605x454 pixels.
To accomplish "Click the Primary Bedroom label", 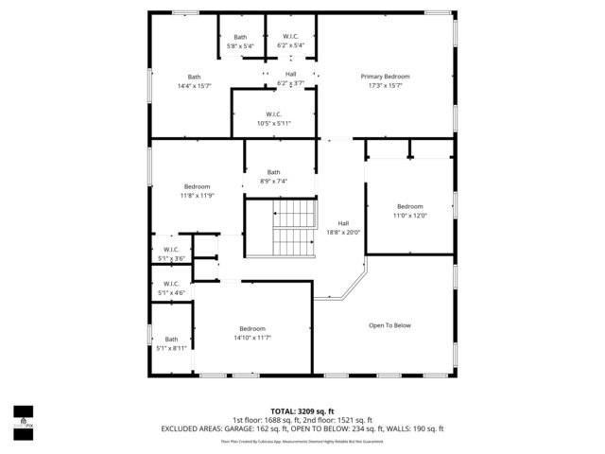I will tap(385, 76).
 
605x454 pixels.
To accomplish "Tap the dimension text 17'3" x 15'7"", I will tap(385, 86).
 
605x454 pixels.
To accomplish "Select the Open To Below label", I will tap(389, 325).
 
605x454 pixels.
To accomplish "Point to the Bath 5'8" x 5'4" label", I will tap(240, 42).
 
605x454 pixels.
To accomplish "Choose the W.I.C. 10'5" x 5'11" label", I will tap(274, 118).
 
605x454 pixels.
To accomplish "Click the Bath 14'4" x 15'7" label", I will tap(194, 81).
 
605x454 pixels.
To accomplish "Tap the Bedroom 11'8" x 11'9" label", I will tap(197, 191).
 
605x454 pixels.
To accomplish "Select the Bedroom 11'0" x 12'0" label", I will tap(410, 211).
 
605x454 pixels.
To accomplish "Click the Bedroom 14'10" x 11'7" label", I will tap(252, 333).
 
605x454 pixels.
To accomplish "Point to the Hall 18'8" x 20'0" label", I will tap(343, 227).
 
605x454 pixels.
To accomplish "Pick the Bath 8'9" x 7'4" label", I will tap(273, 176).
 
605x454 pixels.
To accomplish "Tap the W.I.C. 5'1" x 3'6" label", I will tap(171, 253).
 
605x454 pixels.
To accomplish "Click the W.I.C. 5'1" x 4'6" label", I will tap(171, 288).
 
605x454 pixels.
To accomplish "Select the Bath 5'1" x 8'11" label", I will tap(171, 343).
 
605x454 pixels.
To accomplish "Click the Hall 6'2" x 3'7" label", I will tap(290, 79).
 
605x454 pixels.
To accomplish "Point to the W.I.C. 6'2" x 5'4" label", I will tap(290, 42).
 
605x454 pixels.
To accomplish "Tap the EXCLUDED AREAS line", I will tap(302, 428).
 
